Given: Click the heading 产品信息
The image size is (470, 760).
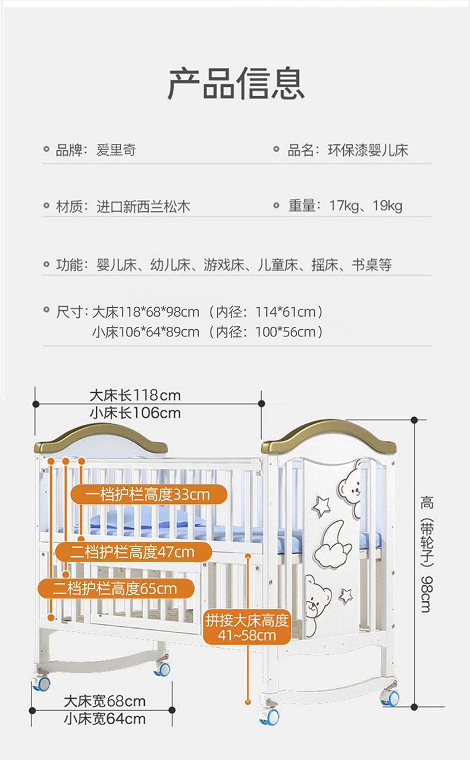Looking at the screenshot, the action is pyautogui.click(x=236, y=83).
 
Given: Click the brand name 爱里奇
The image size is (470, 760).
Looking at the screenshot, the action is pyautogui.click(x=117, y=150).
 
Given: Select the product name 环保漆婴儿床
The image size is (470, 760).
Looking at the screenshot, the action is pyautogui.click(x=368, y=150).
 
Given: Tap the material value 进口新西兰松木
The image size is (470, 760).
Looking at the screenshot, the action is pyautogui.click(x=143, y=207).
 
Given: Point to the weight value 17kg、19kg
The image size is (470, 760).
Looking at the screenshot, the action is pyautogui.click(x=366, y=206).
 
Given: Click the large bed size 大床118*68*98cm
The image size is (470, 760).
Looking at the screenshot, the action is pyautogui.click(x=146, y=312).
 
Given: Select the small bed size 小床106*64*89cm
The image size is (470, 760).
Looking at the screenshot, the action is pyautogui.click(x=146, y=332).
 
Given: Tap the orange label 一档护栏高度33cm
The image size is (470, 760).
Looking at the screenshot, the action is pyautogui.click(x=149, y=494).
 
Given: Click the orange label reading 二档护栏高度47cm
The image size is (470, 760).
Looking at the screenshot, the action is pyautogui.click(x=133, y=552).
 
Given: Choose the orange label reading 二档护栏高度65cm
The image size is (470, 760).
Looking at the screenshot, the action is pyautogui.click(x=116, y=589).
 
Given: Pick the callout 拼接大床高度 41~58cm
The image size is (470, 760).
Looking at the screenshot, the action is pyautogui.click(x=247, y=627).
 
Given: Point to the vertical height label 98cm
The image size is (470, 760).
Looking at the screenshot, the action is pyautogui.click(x=427, y=594).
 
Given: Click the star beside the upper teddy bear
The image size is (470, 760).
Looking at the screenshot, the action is pyautogui.click(x=321, y=506).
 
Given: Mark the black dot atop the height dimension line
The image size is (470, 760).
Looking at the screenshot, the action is pyautogui.click(x=414, y=420).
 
